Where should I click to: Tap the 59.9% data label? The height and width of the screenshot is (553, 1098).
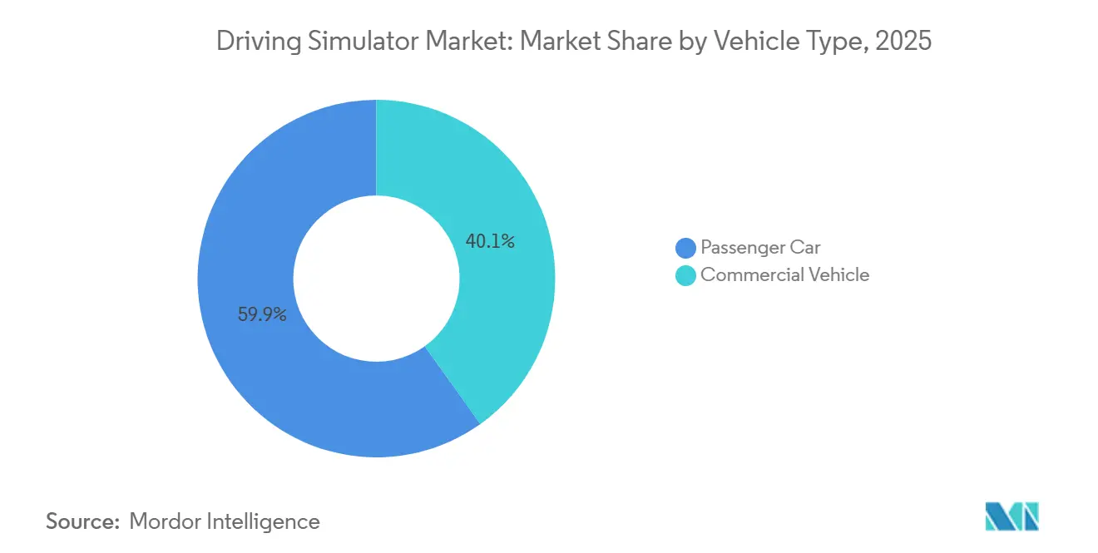[x=262, y=315]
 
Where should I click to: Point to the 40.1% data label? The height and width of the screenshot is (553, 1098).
[x=490, y=242]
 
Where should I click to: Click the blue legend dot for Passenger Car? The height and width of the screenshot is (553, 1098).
[x=685, y=248]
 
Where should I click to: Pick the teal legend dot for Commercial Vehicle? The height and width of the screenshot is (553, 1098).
[x=685, y=275]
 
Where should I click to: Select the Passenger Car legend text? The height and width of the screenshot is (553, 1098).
[x=760, y=248]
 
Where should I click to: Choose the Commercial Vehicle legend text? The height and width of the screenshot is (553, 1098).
[x=784, y=275]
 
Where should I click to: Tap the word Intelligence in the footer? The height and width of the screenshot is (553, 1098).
[x=267, y=521]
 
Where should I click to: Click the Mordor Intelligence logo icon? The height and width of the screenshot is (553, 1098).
[x=1011, y=517]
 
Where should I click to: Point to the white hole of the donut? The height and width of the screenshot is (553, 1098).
[x=376, y=279]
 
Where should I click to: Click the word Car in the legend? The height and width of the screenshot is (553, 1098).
[x=805, y=248]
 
